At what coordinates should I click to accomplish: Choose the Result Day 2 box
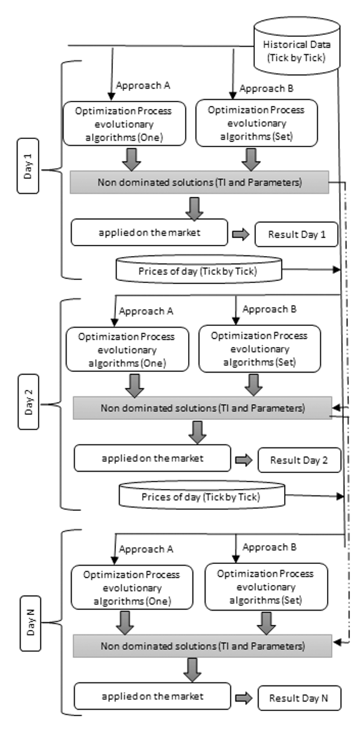299,460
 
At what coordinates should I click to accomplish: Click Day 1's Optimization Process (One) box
124,123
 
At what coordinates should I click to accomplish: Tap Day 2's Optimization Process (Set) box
259,348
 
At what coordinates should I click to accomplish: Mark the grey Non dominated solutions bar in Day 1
199,181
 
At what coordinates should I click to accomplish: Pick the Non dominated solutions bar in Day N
202,646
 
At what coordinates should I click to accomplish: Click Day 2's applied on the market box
152,458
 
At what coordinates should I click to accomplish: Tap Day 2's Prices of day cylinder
201,497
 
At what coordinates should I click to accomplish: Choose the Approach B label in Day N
268,547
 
